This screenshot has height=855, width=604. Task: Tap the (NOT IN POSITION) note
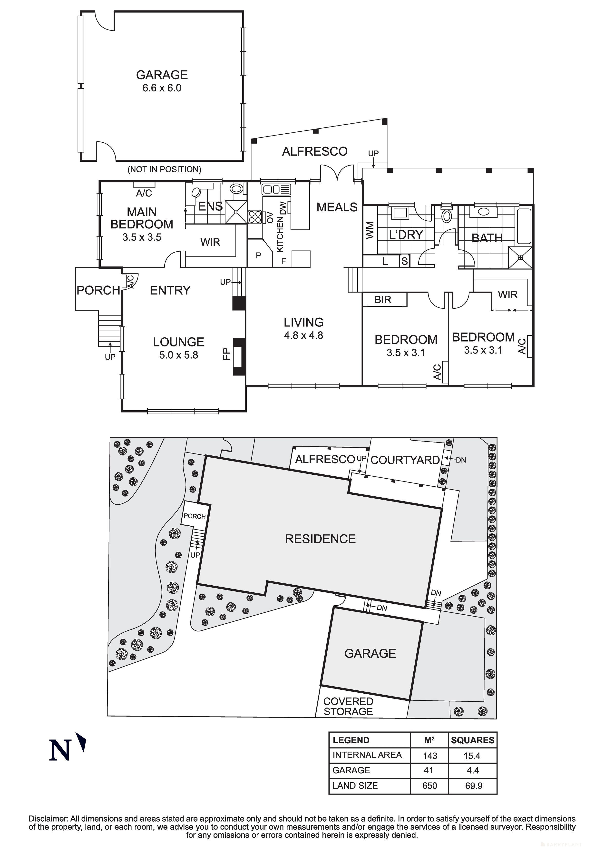pos(164,169)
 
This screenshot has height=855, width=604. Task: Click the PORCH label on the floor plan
pos(98,290)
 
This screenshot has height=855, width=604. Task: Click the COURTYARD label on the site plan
pos(405,460)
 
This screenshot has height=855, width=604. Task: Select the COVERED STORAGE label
pos(348,707)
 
